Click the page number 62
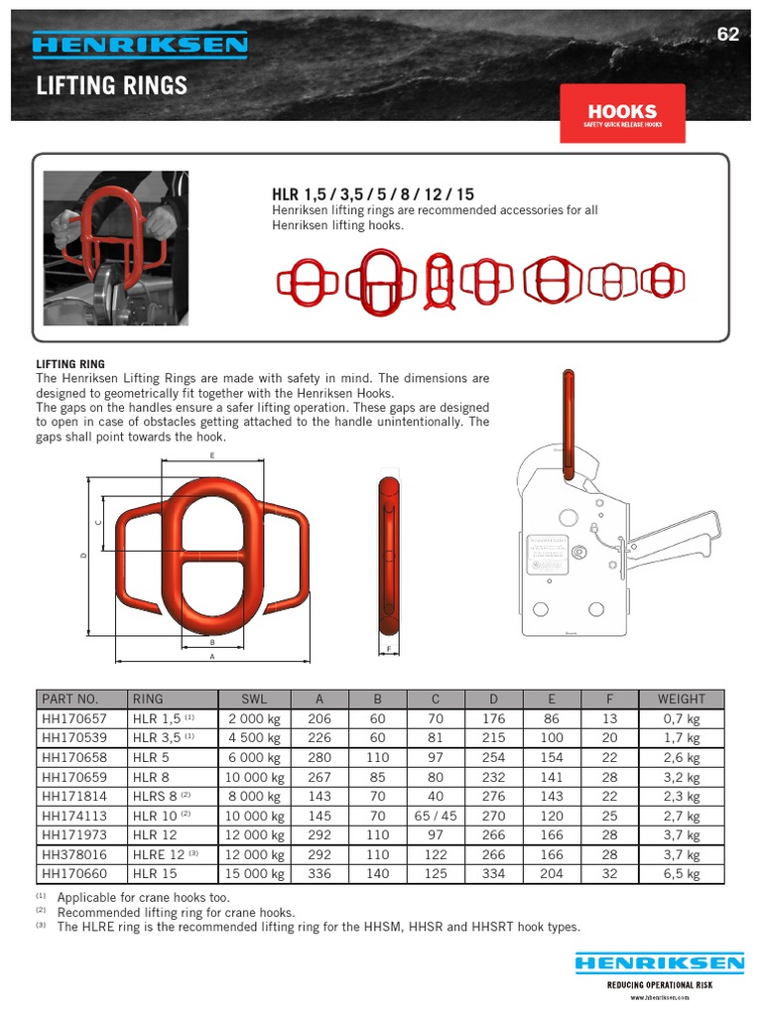(x=728, y=35)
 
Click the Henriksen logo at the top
(x=140, y=45)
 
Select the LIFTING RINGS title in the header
(x=111, y=85)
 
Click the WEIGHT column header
(x=681, y=699)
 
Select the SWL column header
(x=255, y=699)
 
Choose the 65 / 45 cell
(x=435, y=816)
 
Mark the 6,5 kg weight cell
(x=681, y=874)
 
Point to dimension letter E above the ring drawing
(x=212, y=455)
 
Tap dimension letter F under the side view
(x=388, y=650)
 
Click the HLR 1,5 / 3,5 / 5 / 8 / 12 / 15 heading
(x=373, y=195)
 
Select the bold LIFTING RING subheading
(x=70, y=365)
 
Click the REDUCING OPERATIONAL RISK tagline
(x=660, y=985)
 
